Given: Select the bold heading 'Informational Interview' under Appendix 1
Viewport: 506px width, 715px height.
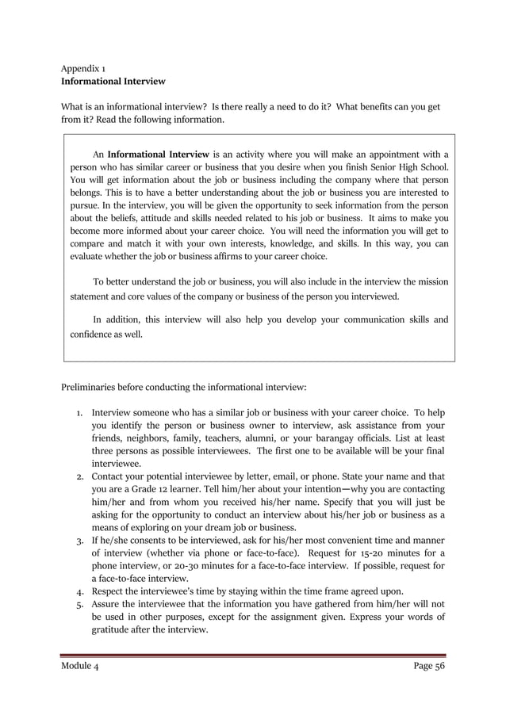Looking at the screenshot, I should point(113,81).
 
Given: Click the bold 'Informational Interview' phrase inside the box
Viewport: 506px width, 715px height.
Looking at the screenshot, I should point(158,154).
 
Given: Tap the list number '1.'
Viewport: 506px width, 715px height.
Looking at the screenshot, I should point(80,414).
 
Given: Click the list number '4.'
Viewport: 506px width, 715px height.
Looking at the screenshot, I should point(80,591).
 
